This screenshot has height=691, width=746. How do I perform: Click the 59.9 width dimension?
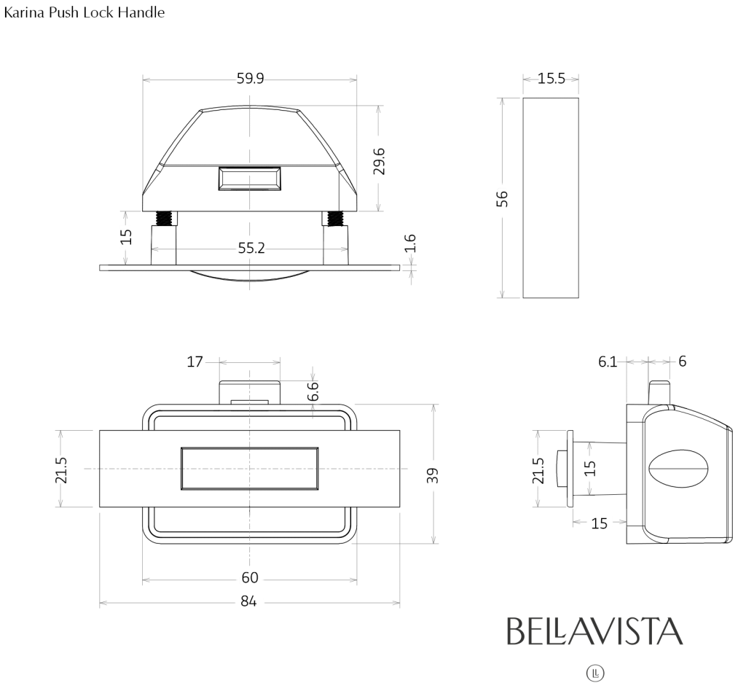(x=251, y=78)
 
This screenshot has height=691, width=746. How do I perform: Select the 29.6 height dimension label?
(x=379, y=161)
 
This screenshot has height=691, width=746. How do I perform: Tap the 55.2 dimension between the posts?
(x=251, y=248)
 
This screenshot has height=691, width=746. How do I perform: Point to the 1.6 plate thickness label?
(x=410, y=243)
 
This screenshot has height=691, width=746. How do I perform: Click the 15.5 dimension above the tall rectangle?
(x=551, y=78)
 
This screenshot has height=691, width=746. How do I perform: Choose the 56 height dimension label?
(x=503, y=198)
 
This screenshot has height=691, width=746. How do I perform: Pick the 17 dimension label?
(x=195, y=362)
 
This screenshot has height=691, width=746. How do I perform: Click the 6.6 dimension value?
(x=313, y=391)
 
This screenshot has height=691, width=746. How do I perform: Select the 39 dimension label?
(x=432, y=475)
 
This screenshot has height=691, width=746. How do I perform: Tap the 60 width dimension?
(x=250, y=577)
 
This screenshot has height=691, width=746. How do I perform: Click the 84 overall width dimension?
(x=248, y=601)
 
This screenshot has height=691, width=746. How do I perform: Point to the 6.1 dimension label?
(x=608, y=362)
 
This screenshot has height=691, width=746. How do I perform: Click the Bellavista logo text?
(x=594, y=631)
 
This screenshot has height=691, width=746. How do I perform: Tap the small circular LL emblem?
(x=595, y=674)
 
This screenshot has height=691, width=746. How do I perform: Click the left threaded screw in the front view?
(x=164, y=219)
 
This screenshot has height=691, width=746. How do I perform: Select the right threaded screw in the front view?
(x=335, y=219)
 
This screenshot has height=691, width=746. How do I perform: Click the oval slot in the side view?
(x=679, y=469)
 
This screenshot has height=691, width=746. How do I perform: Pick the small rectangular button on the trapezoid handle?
(x=249, y=179)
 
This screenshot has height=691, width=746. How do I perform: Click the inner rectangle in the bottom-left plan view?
(x=250, y=469)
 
